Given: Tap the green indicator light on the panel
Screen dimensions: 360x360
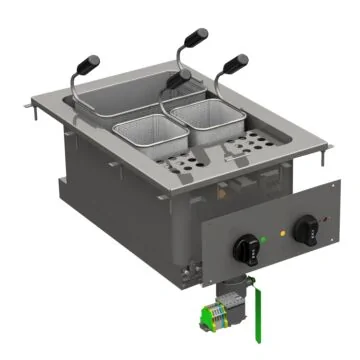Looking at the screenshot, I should pyautogui.click(x=262, y=240).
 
